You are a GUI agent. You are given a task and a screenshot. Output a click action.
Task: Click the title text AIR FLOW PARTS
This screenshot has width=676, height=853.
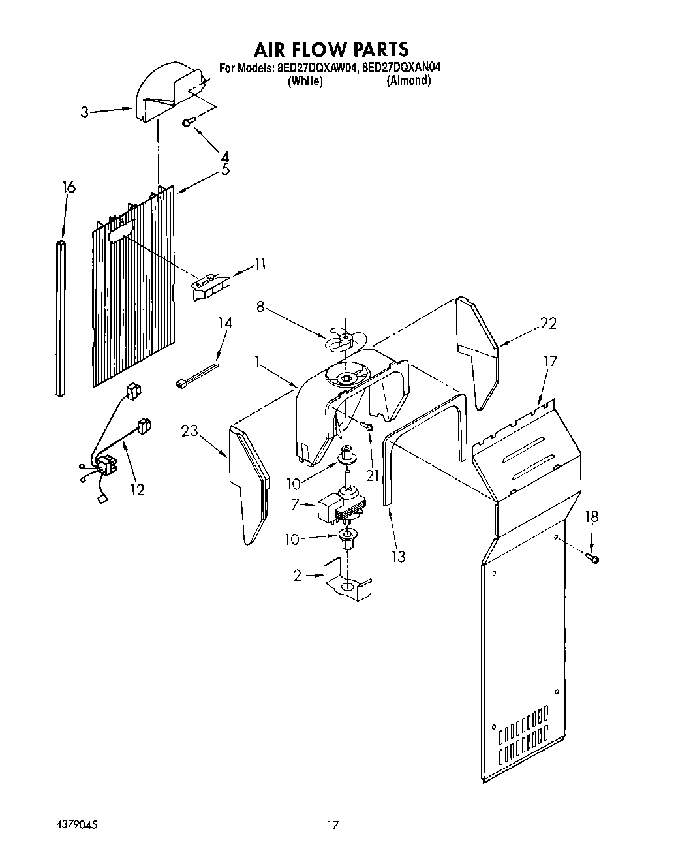pos(331,49)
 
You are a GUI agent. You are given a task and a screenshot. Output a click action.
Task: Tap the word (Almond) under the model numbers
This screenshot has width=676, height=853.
pos(408,81)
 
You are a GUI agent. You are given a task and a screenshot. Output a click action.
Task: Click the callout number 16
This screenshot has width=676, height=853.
pos(69,187)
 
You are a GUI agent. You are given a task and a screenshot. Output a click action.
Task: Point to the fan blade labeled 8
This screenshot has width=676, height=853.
pos(345,339)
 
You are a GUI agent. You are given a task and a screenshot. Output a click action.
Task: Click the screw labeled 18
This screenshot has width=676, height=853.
pos(593,557)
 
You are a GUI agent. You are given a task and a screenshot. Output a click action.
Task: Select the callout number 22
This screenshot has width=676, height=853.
pos(548,323)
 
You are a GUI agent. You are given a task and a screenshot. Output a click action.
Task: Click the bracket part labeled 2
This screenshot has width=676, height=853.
pos(347,581)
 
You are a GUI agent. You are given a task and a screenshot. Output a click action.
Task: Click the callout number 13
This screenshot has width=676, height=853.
pos(397,556)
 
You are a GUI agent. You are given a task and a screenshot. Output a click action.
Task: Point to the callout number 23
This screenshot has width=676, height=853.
pos(189,430)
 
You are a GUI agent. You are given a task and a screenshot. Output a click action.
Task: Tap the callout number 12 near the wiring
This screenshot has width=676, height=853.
pos(137,489)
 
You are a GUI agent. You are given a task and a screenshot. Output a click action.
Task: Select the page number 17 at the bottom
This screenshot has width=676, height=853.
pos(333,826)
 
